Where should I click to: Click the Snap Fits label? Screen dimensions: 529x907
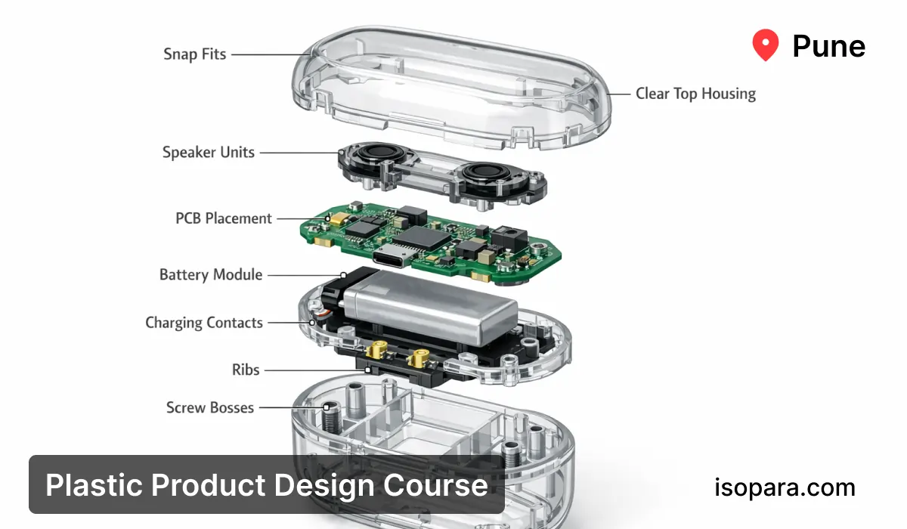pos(194,54)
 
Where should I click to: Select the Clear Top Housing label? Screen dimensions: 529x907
pos(695,94)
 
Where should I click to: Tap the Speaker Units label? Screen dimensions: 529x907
pos(209,153)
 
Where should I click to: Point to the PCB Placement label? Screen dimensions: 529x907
pos(224,218)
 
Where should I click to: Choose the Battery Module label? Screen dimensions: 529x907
pos(211,275)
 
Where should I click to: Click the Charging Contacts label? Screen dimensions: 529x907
pos(204,323)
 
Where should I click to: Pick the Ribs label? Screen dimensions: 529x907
pos(246,370)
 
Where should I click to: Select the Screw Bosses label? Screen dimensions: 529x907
pos(210,408)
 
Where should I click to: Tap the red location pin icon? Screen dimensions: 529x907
pos(765,45)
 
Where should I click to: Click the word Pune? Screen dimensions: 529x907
pos(828,47)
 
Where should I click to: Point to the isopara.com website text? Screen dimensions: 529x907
pos(785,487)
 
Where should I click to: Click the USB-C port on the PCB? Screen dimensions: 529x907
pos(395,255)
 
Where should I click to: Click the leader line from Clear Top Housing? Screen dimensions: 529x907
pos(620,94)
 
